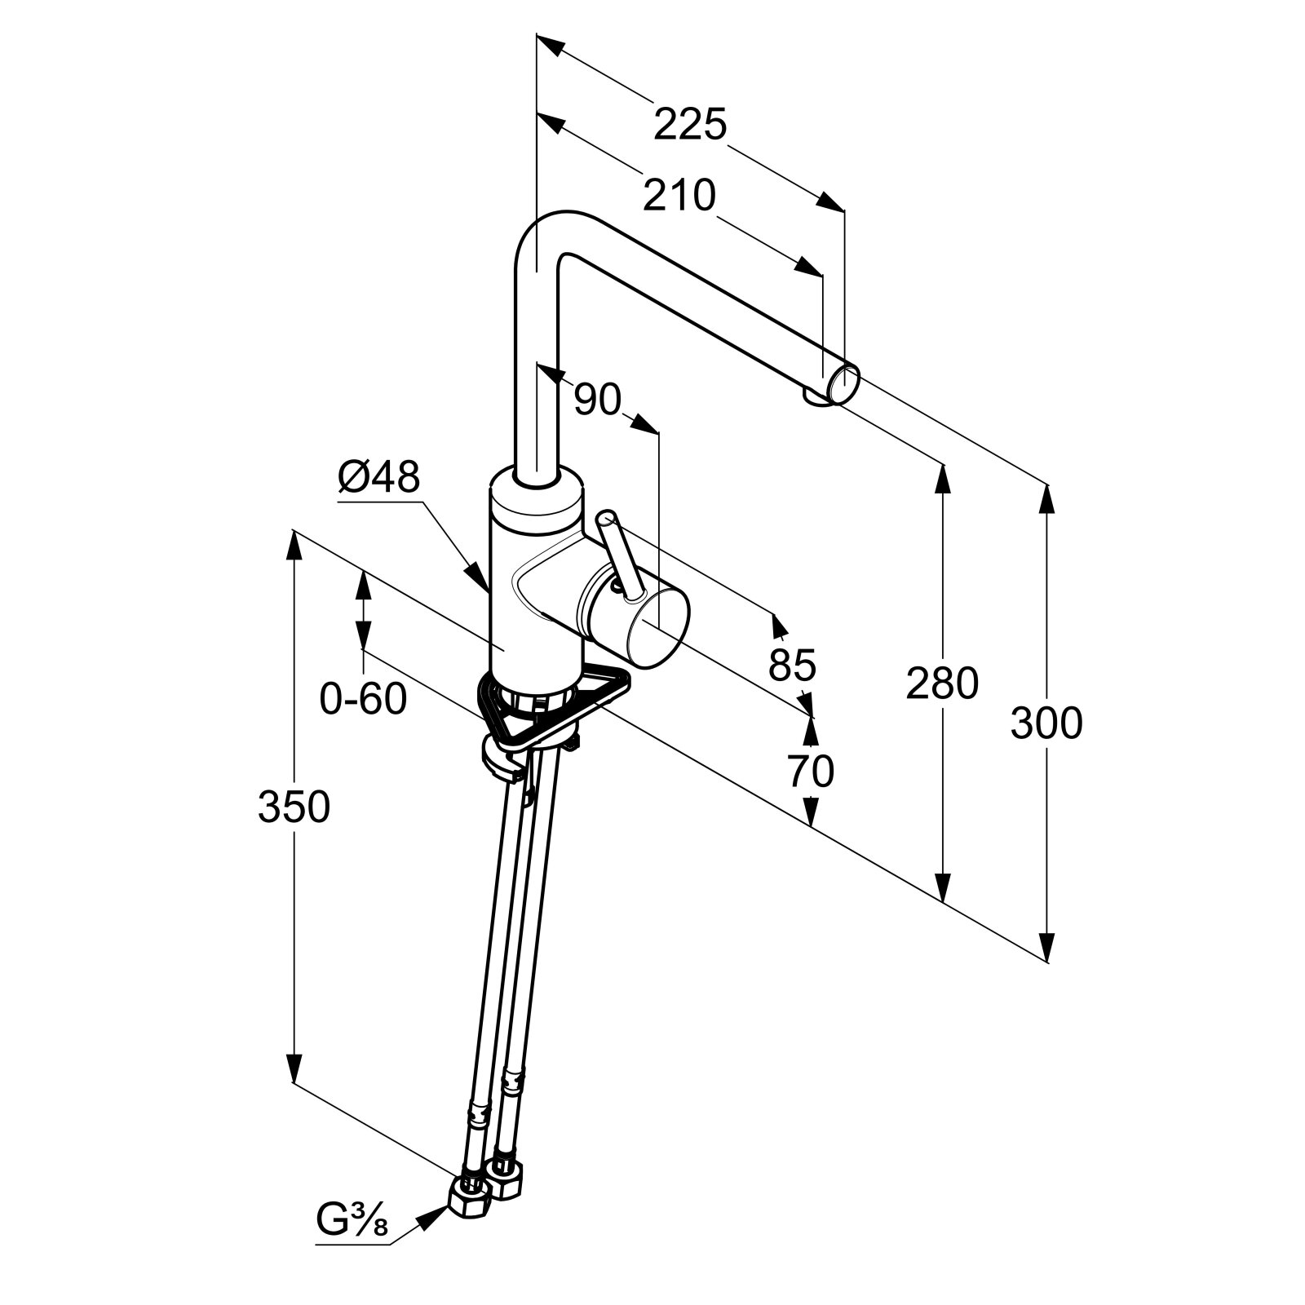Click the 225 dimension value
pos(689,125)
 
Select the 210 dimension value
pos(679,195)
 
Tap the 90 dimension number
pos(597,400)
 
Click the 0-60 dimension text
pos(363,699)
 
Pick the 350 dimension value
pos(294,807)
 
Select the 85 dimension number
pos(792,665)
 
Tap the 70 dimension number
pos(811,771)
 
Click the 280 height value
pos(942,683)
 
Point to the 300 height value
pos(1046,723)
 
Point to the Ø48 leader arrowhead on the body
pos(481,580)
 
